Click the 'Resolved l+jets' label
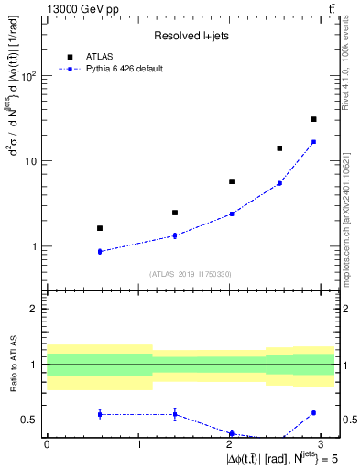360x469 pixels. click(191, 36)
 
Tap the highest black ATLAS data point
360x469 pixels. click(313, 119)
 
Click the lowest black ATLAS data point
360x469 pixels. click(100, 228)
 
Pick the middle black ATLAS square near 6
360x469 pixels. click(232, 181)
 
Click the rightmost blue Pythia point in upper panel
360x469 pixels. click(313, 142)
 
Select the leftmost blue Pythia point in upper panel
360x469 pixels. click(100, 251)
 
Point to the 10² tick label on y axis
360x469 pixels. click(28, 76)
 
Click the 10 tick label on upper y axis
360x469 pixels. click(31, 161)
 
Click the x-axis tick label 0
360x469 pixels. click(47, 443)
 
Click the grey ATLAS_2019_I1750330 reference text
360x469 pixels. click(191, 273)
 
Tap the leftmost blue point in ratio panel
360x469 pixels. click(100, 414)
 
